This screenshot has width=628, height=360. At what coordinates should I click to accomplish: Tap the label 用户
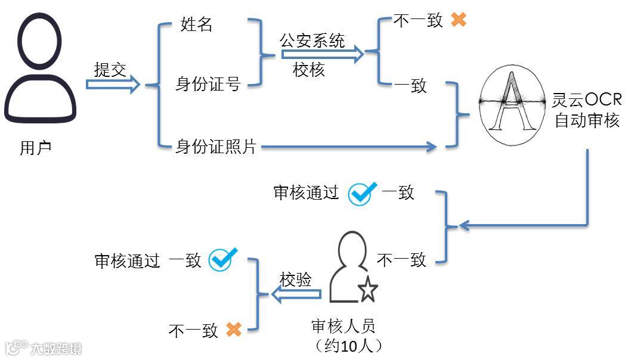pyautogui.click(x=36, y=148)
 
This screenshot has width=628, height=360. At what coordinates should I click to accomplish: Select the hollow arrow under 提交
pyautogui.click(x=113, y=84)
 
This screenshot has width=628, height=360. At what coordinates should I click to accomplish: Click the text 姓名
pyautogui.click(x=196, y=25)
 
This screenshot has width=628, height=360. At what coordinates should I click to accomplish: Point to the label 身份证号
pyautogui.click(x=208, y=84)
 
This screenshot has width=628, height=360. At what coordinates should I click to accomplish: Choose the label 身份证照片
pyautogui.click(x=215, y=146)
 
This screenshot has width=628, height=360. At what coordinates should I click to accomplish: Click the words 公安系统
pyautogui.click(x=312, y=41)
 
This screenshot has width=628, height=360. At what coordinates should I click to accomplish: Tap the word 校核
pyautogui.click(x=309, y=70)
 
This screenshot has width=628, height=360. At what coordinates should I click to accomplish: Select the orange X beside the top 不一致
pyautogui.click(x=458, y=20)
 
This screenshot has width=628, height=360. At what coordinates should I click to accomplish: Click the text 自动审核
pyautogui.click(x=587, y=121)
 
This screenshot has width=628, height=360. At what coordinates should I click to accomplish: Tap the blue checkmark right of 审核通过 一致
pyautogui.click(x=362, y=193)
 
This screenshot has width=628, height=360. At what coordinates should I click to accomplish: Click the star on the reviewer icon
pyautogui.click(x=368, y=290)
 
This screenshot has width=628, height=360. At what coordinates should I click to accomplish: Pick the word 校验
pyautogui.click(x=296, y=280)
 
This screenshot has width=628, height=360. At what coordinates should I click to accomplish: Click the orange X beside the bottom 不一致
pyautogui.click(x=233, y=329)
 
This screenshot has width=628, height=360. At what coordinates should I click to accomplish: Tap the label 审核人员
pyautogui.click(x=344, y=326)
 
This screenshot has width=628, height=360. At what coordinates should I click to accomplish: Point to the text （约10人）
pyautogui.click(x=348, y=346)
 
